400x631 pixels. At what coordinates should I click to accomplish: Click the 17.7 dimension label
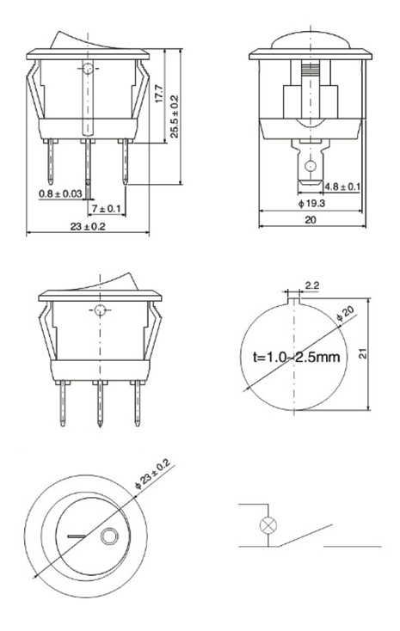[x=159, y=93]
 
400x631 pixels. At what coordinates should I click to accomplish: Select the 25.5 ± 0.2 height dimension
[x=174, y=116]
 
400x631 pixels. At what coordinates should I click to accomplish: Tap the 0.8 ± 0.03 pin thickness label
[x=60, y=193]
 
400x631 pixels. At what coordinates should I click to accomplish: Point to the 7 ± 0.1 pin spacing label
[x=106, y=208]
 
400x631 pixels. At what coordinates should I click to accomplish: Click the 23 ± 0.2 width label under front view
[x=88, y=226]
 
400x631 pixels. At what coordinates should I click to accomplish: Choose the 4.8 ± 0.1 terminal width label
[x=342, y=187]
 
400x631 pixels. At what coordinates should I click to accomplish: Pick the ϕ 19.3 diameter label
[x=311, y=203]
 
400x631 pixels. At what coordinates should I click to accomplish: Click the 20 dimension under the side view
[x=311, y=220]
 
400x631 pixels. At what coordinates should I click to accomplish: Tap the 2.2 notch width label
[x=312, y=285]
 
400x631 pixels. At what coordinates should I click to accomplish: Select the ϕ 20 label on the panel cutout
[x=345, y=314]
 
